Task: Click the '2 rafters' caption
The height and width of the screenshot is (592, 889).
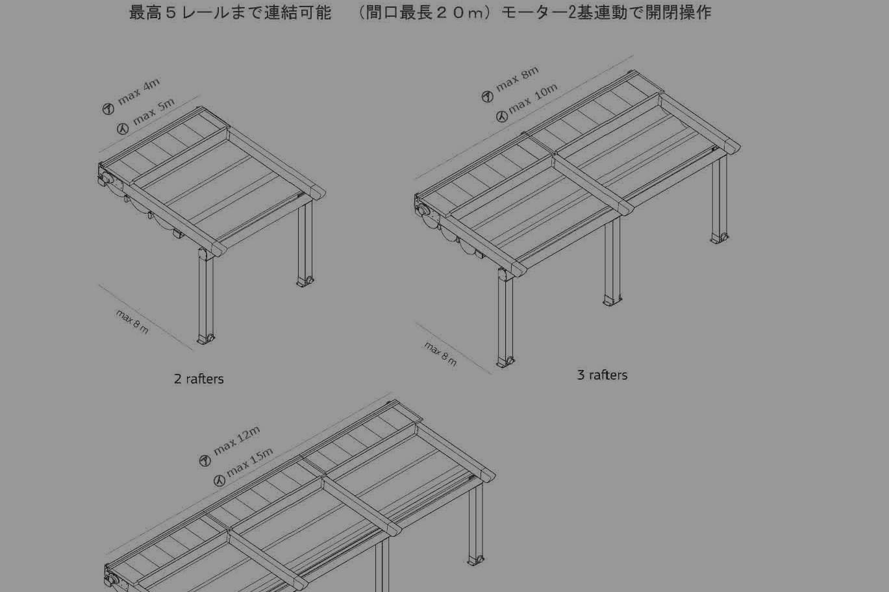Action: tap(199, 379)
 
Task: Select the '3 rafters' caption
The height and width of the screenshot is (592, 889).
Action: tap(602, 375)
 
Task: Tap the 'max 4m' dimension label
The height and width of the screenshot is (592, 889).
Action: tap(139, 92)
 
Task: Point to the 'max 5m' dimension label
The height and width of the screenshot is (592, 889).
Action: tap(154, 112)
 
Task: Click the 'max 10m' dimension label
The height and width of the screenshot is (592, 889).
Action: tap(533, 99)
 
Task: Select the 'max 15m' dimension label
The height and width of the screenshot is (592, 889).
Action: tap(249, 462)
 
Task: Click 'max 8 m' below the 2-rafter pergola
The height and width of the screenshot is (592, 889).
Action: tap(132, 322)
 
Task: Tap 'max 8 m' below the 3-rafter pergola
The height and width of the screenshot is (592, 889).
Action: tap(440, 354)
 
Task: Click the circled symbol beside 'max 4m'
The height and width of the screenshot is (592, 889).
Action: tap(108, 108)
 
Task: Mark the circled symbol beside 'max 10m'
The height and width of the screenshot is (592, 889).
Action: tap(502, 116)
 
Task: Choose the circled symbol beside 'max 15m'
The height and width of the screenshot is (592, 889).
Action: tap(219, 481)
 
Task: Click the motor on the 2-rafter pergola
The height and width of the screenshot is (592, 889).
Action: tap(106, 177)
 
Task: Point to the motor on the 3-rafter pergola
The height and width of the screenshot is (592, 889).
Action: tap(423, 209)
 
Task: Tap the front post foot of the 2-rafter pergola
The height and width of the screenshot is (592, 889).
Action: tap(206, 339)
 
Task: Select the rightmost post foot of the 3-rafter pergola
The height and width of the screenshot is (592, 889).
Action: tap(720, 238)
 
